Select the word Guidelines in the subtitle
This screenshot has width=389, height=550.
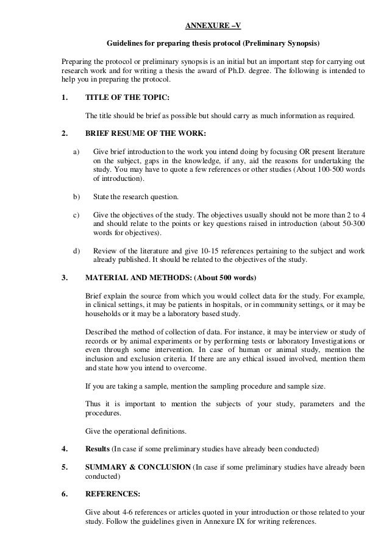point(124,44)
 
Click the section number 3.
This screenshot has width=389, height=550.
point(65,279)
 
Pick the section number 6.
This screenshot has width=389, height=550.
point(65,495)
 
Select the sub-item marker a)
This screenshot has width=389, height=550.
point(76,150)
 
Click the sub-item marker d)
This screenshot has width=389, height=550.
point(76,250)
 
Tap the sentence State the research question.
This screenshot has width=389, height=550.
point(136,197)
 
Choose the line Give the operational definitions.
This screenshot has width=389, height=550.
point(136,432)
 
